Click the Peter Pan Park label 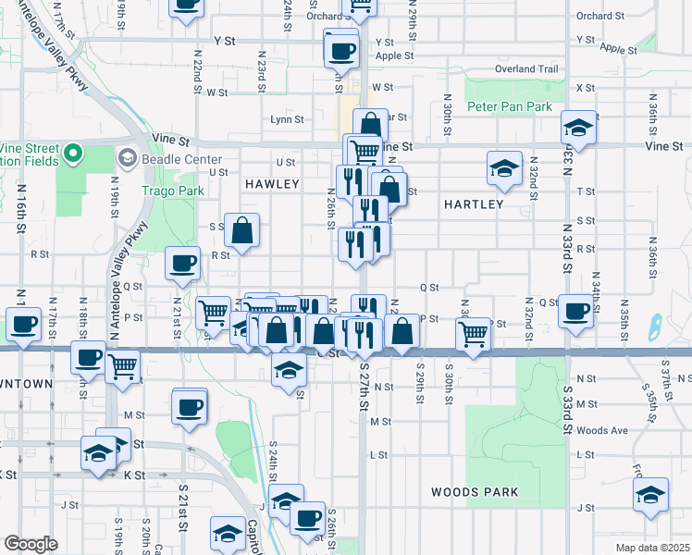click(x=509, y=107)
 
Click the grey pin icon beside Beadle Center click(x=126, y=159)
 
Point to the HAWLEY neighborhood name click(x=272, y=185)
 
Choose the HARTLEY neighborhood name click(x=473, y=203)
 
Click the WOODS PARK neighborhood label click(x=475, y=492)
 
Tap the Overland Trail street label click(x=527, y=69)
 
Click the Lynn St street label click(x=287, y=119)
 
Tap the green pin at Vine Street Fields click(x=72, y=154)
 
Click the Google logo click(x=31, y=545)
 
